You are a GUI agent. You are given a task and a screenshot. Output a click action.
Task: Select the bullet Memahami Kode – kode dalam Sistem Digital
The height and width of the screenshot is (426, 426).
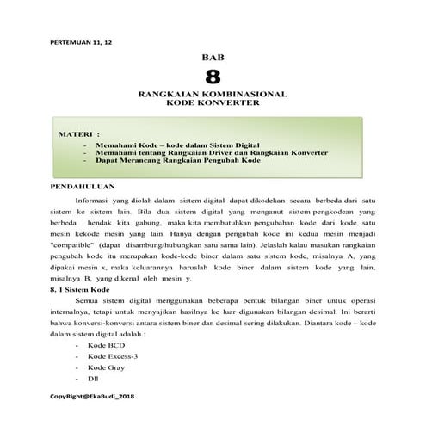point(184,145)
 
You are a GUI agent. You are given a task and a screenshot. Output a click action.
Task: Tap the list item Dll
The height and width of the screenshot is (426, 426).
point(94,379)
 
